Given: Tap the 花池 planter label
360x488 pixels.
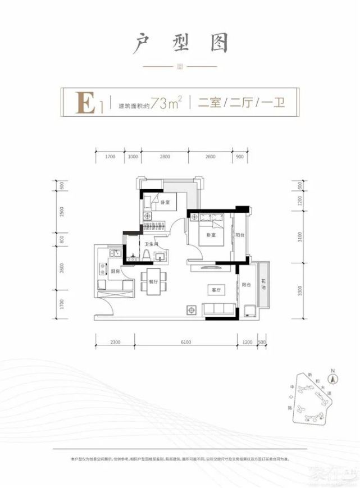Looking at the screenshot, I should tap(263, 285).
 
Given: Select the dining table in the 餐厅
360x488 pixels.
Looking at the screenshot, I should tap(153, 281).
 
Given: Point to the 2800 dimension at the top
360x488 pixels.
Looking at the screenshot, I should tap(164, 157).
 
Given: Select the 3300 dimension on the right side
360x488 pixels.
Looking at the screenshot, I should tap(301, 291).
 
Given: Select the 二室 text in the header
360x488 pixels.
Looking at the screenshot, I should tap(207, 103).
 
